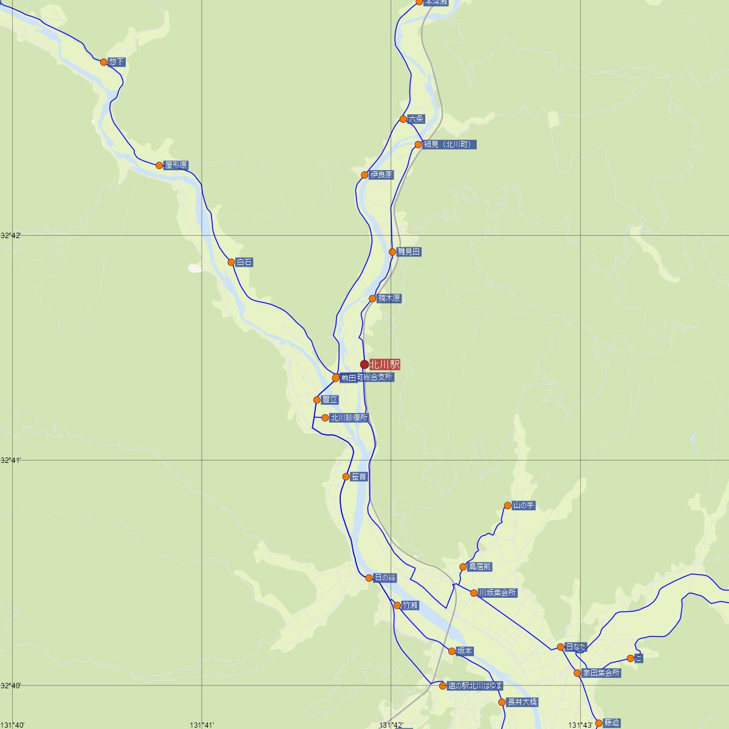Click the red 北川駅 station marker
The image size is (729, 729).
[x=364, y=364]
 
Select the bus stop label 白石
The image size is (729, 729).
[x=244, y=262]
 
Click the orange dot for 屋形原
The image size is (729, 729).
[x=159, y=165]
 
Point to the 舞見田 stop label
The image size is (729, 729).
[x=409, y=252]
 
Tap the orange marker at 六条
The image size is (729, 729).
[x=403, y=119]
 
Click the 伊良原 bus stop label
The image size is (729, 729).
[x=382, y=175]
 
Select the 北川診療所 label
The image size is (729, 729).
[x=349, y=418]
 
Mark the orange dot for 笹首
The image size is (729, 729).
[x=346, y=477]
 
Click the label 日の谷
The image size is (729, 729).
[x=385, y=578]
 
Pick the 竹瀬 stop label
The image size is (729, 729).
[x=410, y=606]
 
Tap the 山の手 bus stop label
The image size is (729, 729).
[x=524, y=505]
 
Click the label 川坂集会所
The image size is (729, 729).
[x=498, y=593]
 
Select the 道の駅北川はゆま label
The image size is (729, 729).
[x=475, y=686]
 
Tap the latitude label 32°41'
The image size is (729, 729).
[x=11, y=460]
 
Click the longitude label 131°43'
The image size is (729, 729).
[x=580, y=725]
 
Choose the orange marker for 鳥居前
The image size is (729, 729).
[x=464, y=567]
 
